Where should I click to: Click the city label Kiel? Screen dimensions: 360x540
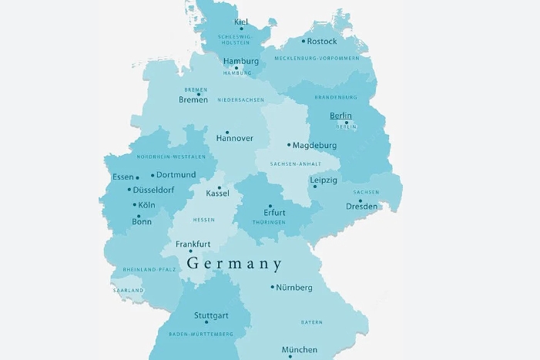(x=241, y=22)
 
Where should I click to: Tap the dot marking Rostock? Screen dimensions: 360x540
(x=303, y=42)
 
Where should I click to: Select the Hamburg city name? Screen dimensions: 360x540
(x=240, y=62)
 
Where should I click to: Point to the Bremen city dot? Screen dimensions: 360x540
(x=198, y=95)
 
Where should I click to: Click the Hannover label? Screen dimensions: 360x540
(x=234, y=139)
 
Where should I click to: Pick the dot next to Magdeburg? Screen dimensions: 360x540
(x=289, y=145)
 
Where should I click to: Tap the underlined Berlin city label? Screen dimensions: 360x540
(x=340, y=116)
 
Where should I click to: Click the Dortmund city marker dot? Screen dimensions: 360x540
(x=153, y=175)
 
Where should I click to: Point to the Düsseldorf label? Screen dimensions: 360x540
(x=153, y=190)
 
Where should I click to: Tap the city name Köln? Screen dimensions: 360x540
(x=146, y=205)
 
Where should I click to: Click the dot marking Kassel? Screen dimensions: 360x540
(x=220, y=187)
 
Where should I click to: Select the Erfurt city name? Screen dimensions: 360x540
(x=274, y=213)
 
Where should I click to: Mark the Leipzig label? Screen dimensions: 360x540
(x=324, y=180)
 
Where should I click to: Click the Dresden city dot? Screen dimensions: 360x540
(x=360, y=200)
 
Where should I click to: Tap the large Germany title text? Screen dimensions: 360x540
(x=234, y=264)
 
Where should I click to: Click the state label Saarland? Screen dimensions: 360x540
(x=128, y=290)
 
